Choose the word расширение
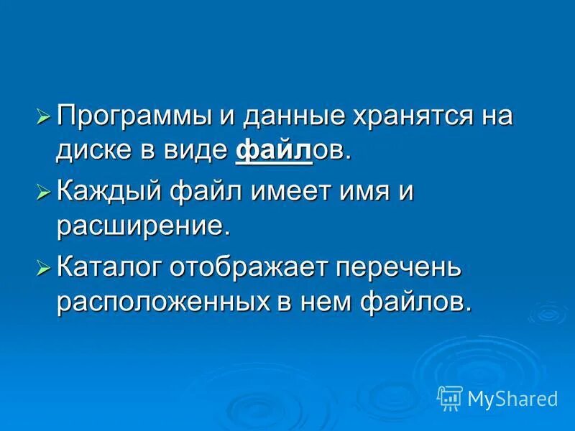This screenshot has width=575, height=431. click(x=143, y=228)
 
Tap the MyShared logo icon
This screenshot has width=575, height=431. click(x=450, y=397)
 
